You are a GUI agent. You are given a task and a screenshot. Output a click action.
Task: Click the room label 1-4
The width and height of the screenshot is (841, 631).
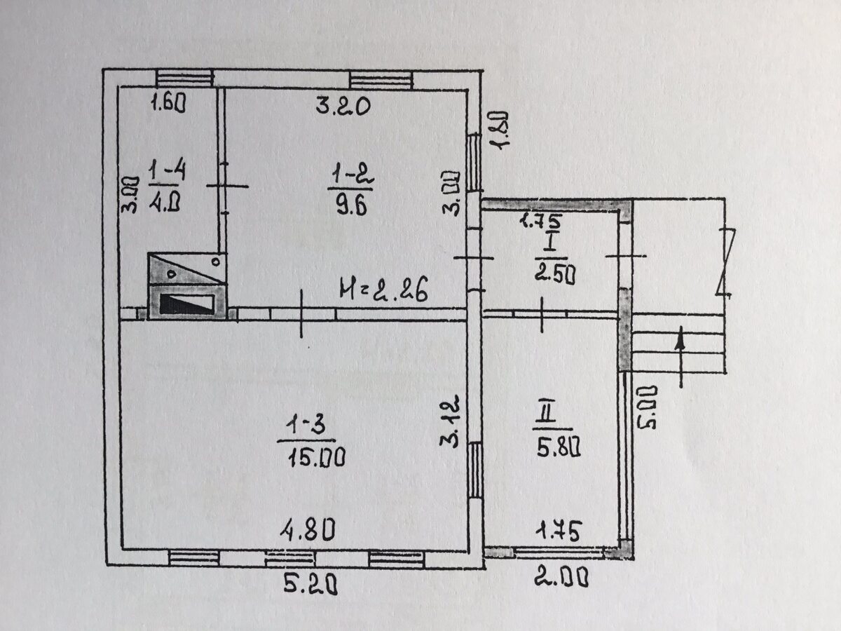[x=167, y=171]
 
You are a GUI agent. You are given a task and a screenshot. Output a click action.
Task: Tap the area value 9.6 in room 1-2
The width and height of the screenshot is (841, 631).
[x=351, y=205]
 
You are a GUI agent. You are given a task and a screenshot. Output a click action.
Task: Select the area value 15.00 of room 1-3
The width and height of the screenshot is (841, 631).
[x=317, y=458]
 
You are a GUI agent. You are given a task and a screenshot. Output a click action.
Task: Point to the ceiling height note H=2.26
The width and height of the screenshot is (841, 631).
[x=383, y=290]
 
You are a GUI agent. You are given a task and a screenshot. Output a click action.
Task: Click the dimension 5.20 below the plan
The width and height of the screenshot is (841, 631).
[x=310, y=584]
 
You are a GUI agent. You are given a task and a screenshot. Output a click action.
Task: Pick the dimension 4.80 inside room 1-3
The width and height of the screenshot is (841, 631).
[x=307, y=530]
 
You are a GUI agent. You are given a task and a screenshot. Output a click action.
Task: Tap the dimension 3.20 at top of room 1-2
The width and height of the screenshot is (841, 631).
[x=343, y=106]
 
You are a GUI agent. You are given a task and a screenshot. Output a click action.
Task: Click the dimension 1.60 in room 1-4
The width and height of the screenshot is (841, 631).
[x=168, y=104]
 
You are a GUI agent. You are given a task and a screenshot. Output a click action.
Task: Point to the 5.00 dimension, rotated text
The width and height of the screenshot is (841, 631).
[x=647, y=408]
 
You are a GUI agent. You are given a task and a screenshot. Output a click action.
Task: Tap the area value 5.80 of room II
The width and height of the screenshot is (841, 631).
[x=559, y=447]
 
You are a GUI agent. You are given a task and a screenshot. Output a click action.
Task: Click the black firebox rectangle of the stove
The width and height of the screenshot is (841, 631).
[x=186, y=304]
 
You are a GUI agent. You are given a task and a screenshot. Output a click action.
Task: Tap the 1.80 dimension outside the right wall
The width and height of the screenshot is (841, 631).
[x=499, y=130]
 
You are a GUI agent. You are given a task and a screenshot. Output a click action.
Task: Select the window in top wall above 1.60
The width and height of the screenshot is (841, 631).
[x=185, y=78]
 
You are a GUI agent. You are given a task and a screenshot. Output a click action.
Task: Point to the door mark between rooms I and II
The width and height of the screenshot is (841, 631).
[x=542, y=315]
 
